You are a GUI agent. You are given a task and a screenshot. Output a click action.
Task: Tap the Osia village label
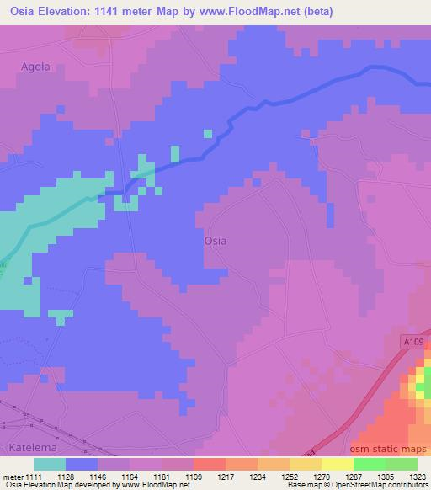(x=215, y=241)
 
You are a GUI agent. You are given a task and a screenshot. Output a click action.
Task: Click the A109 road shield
(x=410, y=341)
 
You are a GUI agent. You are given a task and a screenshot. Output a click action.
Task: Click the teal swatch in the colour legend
(x=50, y=464)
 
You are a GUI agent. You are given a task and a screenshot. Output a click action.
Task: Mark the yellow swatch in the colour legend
(x=338, y=464)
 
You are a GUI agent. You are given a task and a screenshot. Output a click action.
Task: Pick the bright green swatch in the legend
(x=369, y=464)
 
